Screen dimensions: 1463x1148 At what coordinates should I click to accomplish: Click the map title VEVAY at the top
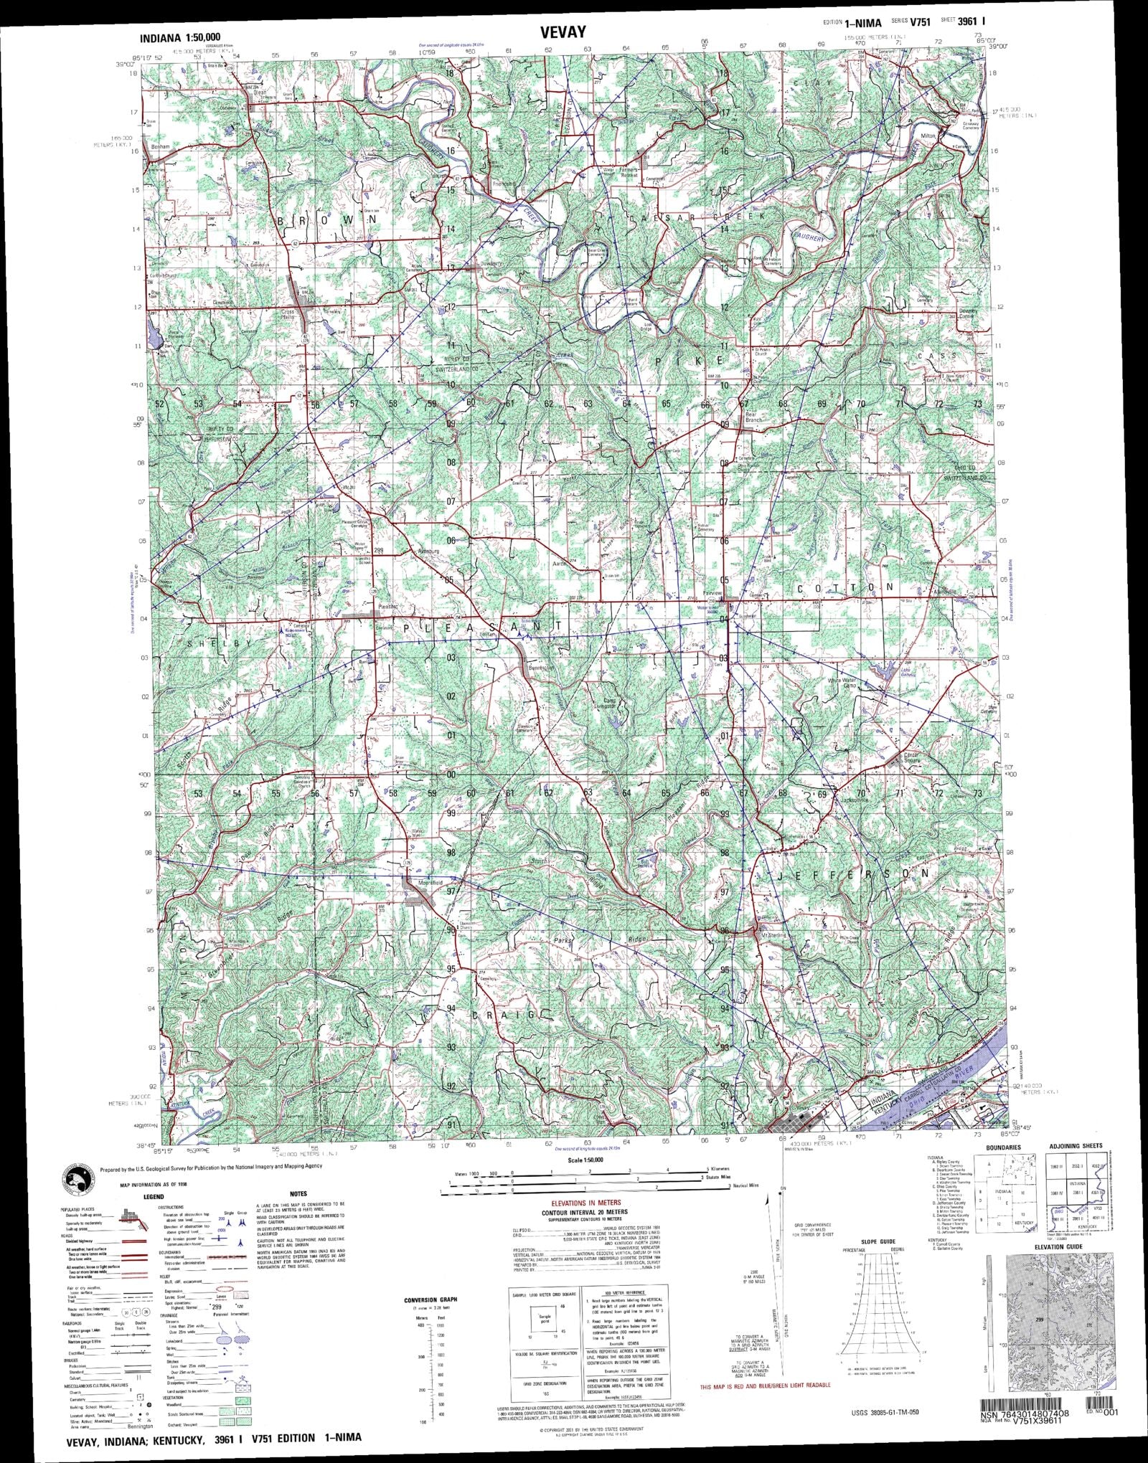coord(565,32)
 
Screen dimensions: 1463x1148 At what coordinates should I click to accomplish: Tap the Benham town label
coord(159,147)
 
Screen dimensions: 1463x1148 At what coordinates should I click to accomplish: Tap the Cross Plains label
coord(290,314)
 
